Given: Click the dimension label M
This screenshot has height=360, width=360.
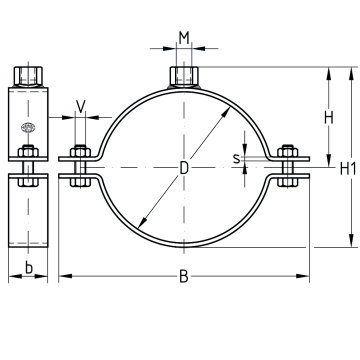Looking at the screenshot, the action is click(x=184, y=38).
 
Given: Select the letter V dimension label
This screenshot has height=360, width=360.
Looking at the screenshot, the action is click(x=81, y=106).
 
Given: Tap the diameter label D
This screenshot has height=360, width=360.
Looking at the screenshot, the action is click(x=184, y=168).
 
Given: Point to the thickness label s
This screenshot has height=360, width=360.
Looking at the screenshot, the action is click(x=236, y=159).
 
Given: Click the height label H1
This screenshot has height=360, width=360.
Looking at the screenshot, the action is click(x=348, y=168).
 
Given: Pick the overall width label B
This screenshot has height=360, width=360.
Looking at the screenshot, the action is click(x=184, y=277).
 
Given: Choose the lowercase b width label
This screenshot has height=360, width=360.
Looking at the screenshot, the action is click(x=29, y=268).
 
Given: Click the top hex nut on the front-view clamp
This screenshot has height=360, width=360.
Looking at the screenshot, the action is click(x=184, y=76).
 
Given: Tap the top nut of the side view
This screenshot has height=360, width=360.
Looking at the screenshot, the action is click(x=28, y=76).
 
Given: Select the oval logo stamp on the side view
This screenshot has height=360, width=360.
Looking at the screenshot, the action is click(x=28, y=127).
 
